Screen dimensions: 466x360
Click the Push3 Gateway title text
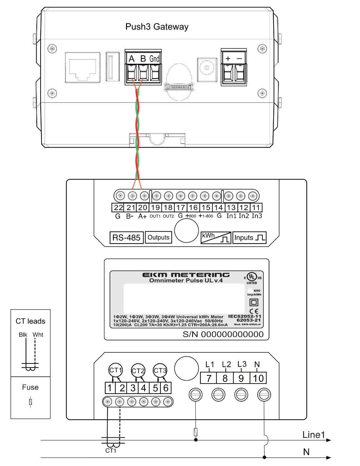pos(157,27)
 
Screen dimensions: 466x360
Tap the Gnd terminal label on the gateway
pos(154,59)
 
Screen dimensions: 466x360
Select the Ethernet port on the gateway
pos(82,67)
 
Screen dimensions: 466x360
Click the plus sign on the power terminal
pos(228,59)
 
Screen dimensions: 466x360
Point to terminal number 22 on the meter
pos(118,207)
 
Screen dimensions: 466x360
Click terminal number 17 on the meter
pos(181,207)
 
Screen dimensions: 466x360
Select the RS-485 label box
pos(126,238)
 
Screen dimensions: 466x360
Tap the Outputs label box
pos(158,237)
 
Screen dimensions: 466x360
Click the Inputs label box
pos(249,238)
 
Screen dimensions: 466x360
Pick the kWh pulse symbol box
pos(216,238)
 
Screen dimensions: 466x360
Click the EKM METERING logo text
pos(186,275)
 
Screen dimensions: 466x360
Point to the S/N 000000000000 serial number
pos(223,334)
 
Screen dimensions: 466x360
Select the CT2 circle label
pos(138,371)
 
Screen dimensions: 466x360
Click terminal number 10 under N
pos(258,378)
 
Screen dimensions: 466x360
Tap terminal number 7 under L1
pos(209,378)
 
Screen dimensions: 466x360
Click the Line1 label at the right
pos(314,435)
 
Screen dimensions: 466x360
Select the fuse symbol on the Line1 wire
pos(196,432)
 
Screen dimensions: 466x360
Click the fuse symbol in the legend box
pos(30,402)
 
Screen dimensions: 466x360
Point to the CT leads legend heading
pos(30,321)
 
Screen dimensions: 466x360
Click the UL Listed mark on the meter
pos(252,278)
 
